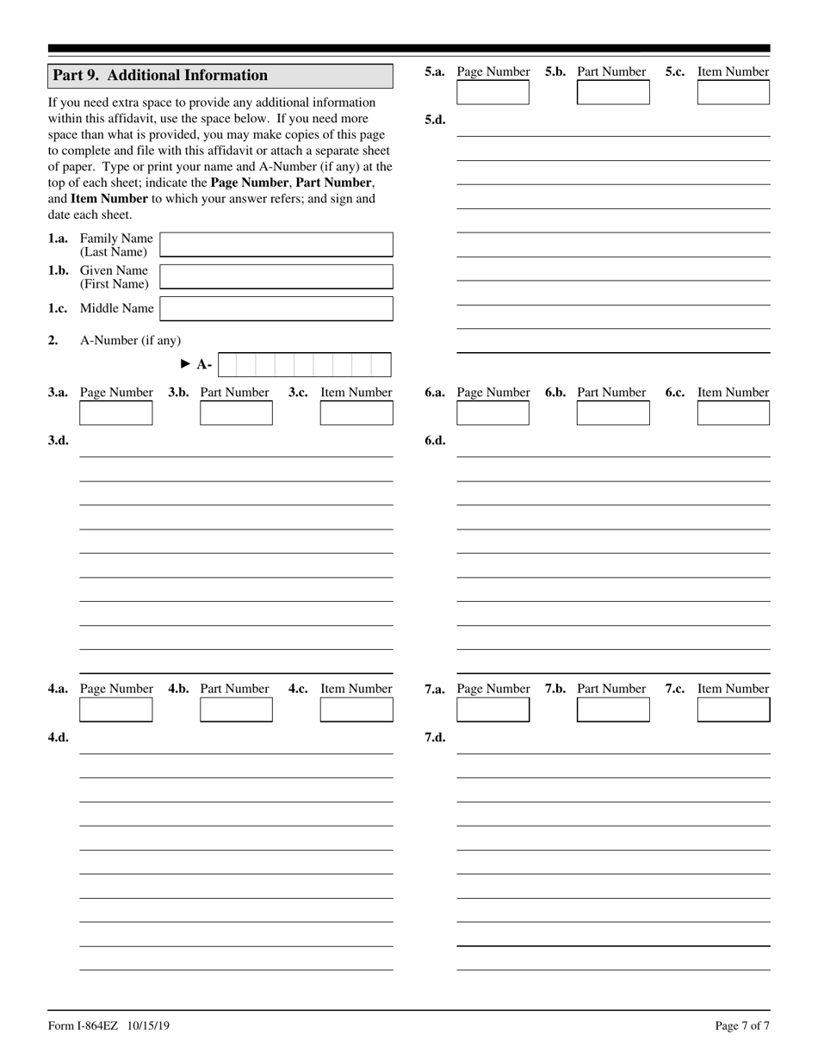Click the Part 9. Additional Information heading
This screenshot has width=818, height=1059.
coord(160,76)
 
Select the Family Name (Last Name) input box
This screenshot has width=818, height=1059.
coord(276,245)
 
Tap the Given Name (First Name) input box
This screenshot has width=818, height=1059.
coord(276,276)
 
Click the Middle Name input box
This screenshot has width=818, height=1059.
coord(276,308)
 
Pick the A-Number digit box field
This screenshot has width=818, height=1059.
coord(304,365)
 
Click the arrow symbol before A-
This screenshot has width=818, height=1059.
coord(186,364)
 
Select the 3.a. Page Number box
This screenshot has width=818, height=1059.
coord(115,413)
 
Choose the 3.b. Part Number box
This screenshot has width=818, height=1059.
coord(236,413)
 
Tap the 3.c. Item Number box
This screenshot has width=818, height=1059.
coord(356,413)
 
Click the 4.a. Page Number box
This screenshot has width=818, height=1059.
coord(115,709)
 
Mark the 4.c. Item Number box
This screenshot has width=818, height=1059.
coord(356,709)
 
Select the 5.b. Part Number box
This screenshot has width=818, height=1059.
coord(613,92)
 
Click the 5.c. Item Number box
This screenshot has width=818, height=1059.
coord(733,92)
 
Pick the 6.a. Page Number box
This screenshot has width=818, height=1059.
coord(493,413)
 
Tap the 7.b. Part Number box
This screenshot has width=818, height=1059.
coord(613,709)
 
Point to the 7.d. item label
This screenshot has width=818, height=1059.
coord(435,737)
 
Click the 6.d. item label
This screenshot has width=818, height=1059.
coord(435,441)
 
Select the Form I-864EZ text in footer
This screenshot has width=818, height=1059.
coord(84,1025)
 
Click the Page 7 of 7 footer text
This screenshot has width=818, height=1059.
coord(742,1025)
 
